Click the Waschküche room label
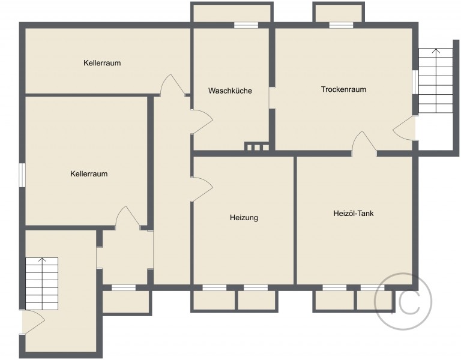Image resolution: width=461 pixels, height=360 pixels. [230, 91]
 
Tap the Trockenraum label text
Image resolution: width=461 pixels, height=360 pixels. [343, 89]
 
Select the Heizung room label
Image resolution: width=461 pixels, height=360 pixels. [244, 218]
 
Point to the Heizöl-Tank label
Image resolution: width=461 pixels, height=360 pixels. [354, 213]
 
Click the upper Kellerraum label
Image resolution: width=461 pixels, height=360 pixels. [103, 62]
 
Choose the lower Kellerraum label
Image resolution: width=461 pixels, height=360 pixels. [89, 174]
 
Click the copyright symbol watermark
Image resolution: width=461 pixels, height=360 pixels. [401, 302]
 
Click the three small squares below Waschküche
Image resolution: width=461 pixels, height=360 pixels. [257, 147]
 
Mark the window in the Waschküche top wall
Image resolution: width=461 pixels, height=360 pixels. [246, 25]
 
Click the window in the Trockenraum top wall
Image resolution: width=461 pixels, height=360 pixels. [341, 25]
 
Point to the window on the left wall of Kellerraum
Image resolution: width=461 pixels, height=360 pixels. [22, 175]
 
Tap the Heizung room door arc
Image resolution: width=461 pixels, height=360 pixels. [202, 190]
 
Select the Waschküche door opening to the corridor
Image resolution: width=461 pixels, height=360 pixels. [201, 122]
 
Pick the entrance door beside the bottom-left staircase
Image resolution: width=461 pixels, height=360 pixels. [33, 323]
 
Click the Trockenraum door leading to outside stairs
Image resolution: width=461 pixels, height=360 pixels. [405, 128]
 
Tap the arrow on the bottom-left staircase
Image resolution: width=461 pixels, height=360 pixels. [43, 262]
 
